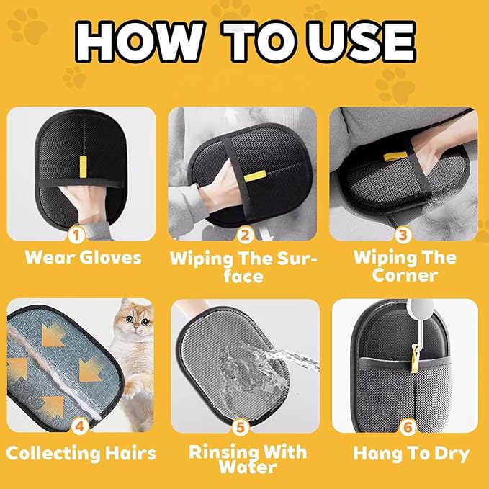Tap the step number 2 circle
(x=245, y=235)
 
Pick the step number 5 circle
(x=245, y=426)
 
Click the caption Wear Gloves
(x=83, y=257)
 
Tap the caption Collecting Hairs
(x=81, y=454)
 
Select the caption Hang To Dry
(x=411, y=454)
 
